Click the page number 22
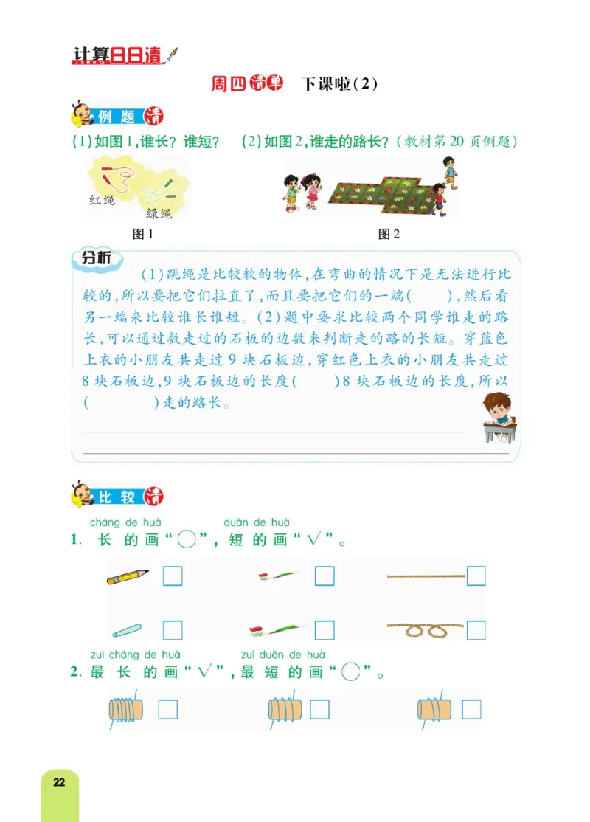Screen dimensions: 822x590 click(x=59, y=782)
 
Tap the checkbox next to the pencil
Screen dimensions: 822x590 click(x=173, y=576)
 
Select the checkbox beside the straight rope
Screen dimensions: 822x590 click(x=476, y=576)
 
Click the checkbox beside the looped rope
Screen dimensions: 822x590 click(x=476, y=629)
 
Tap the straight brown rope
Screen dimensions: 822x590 click(x=426, y=576)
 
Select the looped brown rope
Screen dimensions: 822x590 click(x=426, y=629)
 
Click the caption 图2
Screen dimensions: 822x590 click(x=389, y=235)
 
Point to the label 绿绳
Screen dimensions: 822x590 click(x=159, y=213)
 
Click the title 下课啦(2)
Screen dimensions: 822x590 click(x=340, y=84)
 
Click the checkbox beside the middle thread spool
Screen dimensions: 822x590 click(x=319, y=709)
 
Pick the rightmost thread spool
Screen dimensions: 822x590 click(x=433, y=710)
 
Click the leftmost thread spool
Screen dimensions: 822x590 click(x=127, y=710)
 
